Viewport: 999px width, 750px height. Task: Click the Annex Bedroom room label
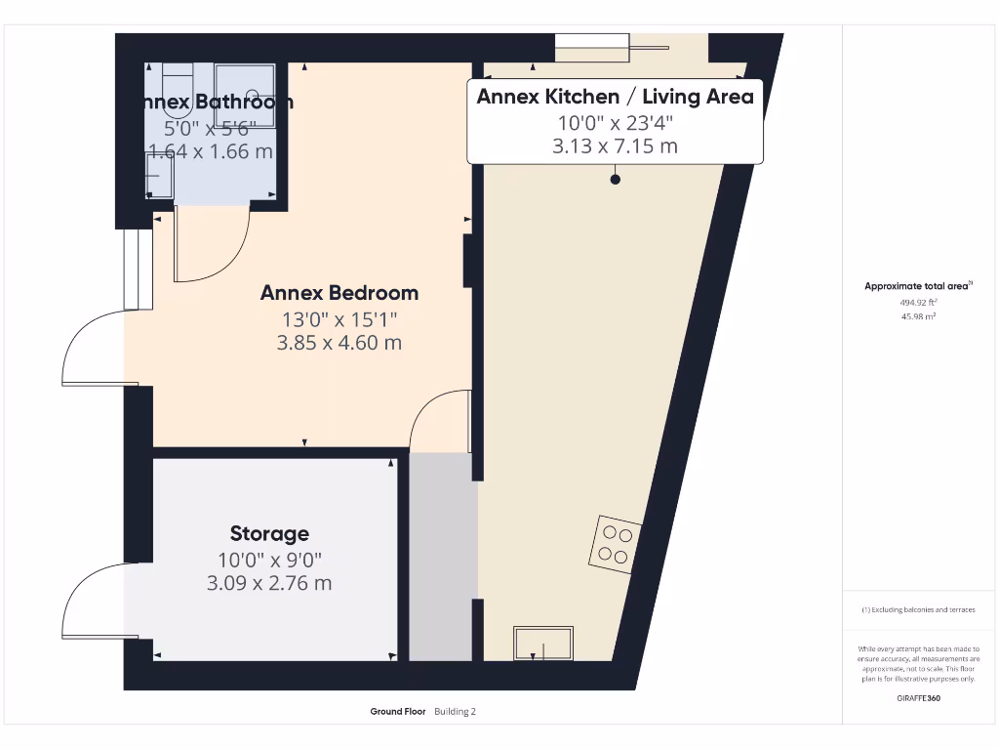click(339, 293)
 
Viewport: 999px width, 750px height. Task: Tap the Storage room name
click(269, 533)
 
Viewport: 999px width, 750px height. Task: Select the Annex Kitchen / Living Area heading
click(615, 97)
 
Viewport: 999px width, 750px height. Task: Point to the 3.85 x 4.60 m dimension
click(339, 343)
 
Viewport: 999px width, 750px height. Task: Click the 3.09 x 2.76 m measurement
click(269, 583)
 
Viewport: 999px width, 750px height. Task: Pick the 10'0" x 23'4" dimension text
click(615, 123)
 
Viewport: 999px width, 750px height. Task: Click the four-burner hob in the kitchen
click(615, 544)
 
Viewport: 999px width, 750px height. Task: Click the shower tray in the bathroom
click(245, 95)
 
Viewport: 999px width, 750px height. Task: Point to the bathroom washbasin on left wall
click(159, 177)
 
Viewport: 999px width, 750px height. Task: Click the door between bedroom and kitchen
click(444, 420)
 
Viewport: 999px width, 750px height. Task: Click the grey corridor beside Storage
click(442, 557)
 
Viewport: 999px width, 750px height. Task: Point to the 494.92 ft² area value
click(917, 303)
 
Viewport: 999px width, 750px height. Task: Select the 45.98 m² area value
click(917, 316)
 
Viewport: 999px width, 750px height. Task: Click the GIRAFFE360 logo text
click(917, 698)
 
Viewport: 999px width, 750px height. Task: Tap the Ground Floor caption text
click(398, 712)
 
